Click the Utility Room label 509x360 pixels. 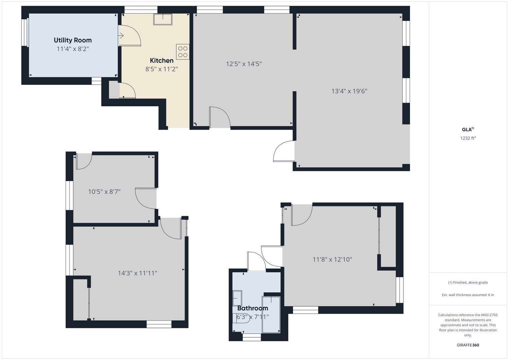73,40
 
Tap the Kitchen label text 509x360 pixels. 162,60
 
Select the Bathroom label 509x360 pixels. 253,308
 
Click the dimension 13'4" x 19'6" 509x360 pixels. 349,91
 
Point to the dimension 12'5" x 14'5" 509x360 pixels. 244,64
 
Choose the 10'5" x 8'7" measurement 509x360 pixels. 104,192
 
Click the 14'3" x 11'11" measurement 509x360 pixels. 137,273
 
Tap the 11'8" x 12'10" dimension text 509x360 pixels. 332,259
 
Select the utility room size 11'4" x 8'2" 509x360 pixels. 73,49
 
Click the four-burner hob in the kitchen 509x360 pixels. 183,52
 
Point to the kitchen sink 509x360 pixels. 163,19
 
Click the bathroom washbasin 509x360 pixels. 237,298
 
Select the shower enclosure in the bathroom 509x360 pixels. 271,315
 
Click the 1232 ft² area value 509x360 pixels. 468,138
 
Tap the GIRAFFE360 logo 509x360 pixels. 468,345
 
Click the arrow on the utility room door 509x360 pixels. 121,36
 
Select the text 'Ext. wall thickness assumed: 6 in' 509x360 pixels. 468,295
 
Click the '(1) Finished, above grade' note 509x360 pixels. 468,283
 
